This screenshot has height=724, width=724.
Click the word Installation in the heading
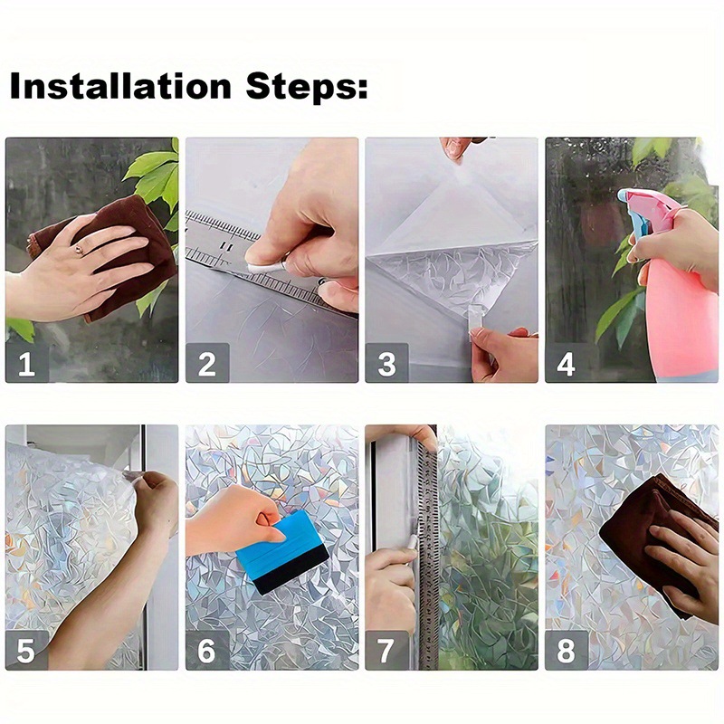[x=120, y=85]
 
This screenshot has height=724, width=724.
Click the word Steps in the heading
[x=307, y=86]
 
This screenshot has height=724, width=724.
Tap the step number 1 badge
[x=27, y=363]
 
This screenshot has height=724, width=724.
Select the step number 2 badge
[x=207, y=363]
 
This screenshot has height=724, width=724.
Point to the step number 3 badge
[x=387, y=363]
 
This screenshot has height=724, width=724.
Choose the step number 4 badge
[x=567, y=363]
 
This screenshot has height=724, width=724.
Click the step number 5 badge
[x=27, y=650]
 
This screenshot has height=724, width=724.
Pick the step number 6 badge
[x=207, y=650]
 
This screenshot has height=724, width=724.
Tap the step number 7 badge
[x=387, y=650]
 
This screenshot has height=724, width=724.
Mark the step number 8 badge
[x=567, y=650]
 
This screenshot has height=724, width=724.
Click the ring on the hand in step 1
[x=80, y=250]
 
